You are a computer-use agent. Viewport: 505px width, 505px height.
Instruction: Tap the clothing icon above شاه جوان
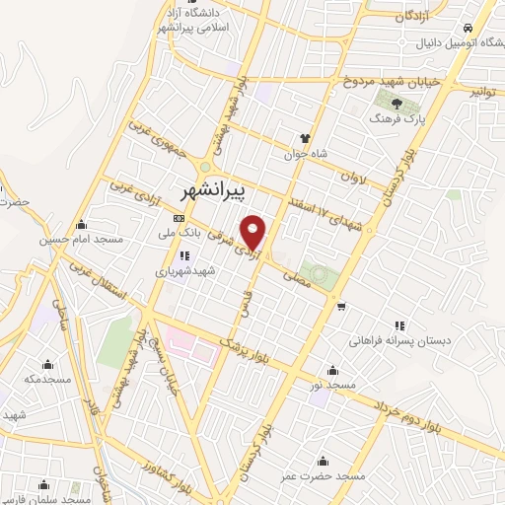click(305, 138)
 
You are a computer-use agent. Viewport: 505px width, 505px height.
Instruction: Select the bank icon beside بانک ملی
click(179, 218)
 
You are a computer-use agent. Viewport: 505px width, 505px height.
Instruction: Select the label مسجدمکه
click(50, 379)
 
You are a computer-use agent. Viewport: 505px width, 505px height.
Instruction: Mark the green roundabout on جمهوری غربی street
click(204, 166)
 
